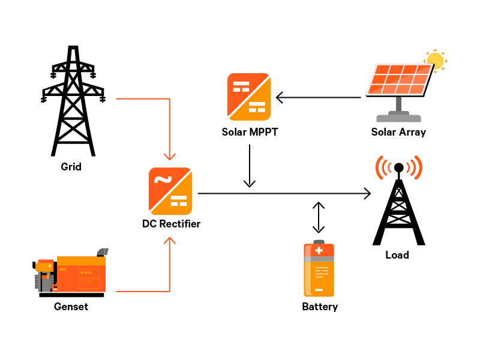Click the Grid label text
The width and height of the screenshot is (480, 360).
pyautogui.click(x=71, y=166)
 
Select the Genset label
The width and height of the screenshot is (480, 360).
pyautogui.click(x=71, y=307)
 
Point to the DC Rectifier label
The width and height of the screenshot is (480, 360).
pyautogui.click(x=171, y=224)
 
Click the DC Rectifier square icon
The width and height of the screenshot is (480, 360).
pyautogui.click(x=171, y=191)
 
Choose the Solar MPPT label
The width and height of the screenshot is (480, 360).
pyautogui.click(x=249, y=132)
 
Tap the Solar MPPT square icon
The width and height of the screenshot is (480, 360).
pyautogui.click(x=249, y=97)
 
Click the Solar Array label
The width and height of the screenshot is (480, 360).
pyautogui.click(x=398, y=132)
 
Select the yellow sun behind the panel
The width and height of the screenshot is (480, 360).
pyautogui.click(x=436, y=61)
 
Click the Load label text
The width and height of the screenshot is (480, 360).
pyautogui.click(x=397, y=255)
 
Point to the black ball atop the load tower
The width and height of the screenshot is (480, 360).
pyautogui.click(x=398, y=167)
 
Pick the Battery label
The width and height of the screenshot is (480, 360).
pyautogui.click(x=320, y=307)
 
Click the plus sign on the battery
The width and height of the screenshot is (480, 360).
pyautogui.click(x=319, y=250)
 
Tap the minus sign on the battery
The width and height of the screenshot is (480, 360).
pyautogui.click(x=319, y=290)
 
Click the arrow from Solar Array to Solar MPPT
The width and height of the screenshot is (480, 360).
pyautogui.click(x=321, y=97)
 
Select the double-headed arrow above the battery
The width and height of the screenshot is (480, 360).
pyautogui.click(x=319, y=217)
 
